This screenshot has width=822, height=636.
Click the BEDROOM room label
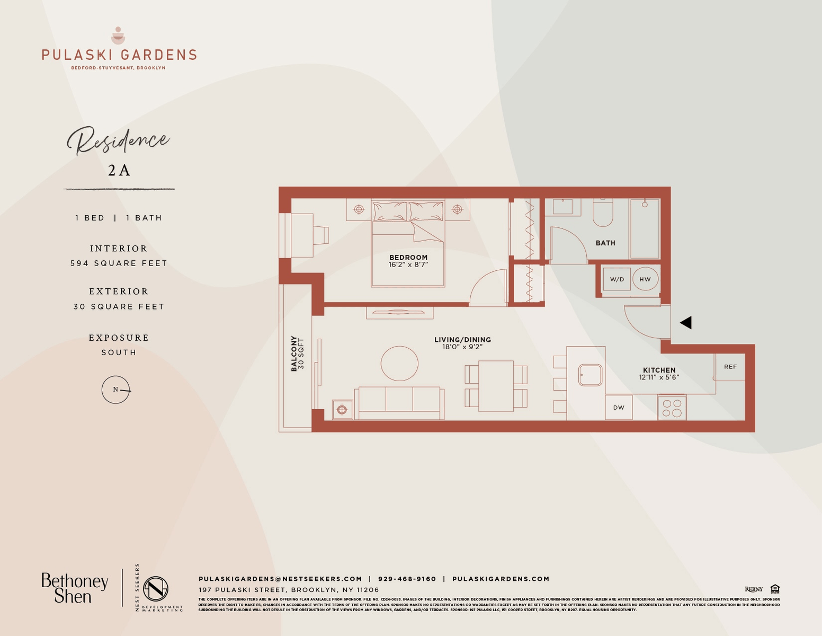pos(408,258)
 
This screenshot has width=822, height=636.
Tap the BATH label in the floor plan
pos(605,243)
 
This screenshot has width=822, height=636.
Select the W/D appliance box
pos(617,279)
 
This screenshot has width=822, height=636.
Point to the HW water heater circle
pos(645,279)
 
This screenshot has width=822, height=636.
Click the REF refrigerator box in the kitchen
pos(730,367)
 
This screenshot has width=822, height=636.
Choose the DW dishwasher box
pos(619,408)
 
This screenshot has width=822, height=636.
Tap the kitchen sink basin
pos(590,375)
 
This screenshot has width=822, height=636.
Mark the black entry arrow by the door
pos(686,322)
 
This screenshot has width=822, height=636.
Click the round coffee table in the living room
pos(399,364)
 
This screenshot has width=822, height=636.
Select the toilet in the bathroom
pos(603,213)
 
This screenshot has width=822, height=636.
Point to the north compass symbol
pos(116,390)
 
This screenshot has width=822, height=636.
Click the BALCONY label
pos(294,354)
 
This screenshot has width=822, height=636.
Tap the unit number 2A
pos(119,170)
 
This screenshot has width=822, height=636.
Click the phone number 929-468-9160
pos(407,579)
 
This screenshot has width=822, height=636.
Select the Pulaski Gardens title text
pos(119,55)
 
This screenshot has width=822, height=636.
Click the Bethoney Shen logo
pos(75,588)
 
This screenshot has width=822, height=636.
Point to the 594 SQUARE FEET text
pos(119,263)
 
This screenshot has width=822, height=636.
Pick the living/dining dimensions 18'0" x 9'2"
pos(462,347)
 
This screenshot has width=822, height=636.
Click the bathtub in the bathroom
pos(645,229)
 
